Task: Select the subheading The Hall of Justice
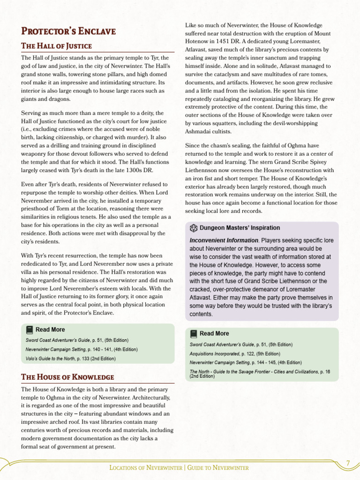[x=56, y=46]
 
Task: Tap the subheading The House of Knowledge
[x=67, y=377]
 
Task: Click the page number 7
[x=348, y=463]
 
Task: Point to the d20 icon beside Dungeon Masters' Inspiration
[x=194, y=228]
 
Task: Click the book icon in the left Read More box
[x=30, y=330]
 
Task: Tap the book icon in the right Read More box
[x=194, y=334]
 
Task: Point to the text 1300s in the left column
[x=136, y=170]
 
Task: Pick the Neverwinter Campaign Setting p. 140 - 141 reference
[x=82, y=349]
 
